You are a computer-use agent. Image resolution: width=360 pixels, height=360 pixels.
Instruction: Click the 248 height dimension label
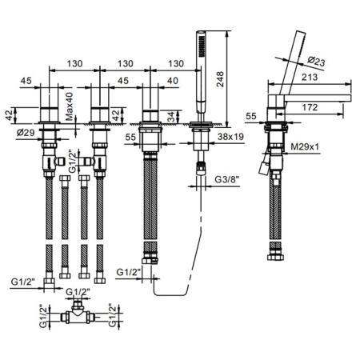[220, 79]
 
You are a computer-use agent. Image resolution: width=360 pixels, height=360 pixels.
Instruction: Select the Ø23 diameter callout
[316, 62]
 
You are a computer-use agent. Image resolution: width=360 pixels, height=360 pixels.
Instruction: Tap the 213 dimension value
[310, 77]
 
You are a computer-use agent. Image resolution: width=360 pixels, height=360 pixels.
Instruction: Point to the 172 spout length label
[310, 107]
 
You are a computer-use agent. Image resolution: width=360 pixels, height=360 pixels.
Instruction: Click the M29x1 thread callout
[305, 146]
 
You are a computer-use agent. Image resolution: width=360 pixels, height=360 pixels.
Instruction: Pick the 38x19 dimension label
[230, 137]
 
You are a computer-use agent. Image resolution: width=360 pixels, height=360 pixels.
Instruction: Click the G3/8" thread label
[227, 179]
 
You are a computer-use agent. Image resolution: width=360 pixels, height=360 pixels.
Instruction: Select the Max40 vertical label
[70, 106]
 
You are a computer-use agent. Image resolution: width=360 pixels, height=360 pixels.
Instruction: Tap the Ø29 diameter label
[26, 132]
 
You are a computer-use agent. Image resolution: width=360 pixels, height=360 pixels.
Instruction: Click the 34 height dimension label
[170, 117]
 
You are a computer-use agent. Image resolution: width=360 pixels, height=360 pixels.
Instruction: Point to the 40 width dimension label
[172, 81]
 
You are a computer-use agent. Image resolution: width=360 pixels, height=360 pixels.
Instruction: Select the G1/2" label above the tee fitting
[78, 292]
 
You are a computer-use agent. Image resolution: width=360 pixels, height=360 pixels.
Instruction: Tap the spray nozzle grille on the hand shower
[202, 46]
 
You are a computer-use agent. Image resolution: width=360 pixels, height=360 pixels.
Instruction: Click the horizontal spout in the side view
[318, 98]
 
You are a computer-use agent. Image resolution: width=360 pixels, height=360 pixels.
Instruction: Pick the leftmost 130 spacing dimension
[74, 64]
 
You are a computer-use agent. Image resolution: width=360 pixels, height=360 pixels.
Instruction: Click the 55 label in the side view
[251, 116]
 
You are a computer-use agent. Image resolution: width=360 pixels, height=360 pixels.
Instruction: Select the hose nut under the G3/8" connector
[201, 168]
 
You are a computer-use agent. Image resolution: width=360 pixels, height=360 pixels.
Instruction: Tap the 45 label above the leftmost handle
[26, 81]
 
